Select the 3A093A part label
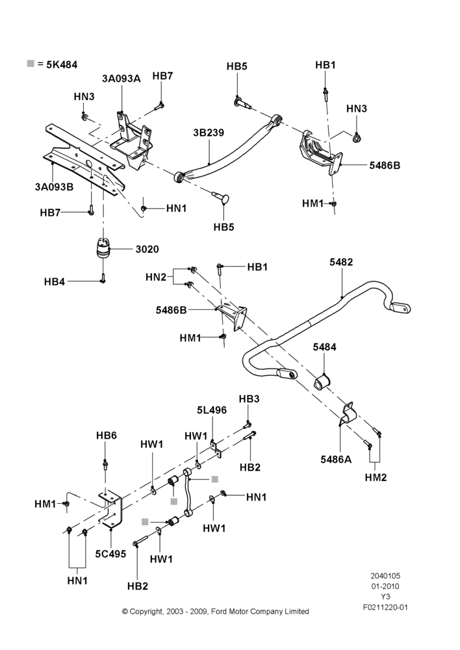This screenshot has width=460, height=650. pyautogui.click(x=121, y=79)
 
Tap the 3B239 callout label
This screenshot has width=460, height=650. pyautogui.click(x=209, y=133)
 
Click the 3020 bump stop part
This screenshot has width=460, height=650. pyautogui.click(x=102, y=249)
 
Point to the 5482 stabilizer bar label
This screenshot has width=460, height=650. pyautogui.click(x=341, y=262)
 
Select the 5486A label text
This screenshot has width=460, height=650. pyautogui.click(x=336, y=460)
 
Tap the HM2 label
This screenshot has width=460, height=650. pyautogui.click(x=376, y=477)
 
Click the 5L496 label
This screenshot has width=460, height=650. pyautogui.click(x=212, y=410)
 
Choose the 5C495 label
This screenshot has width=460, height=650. pyautogui.click(x=110, y=553)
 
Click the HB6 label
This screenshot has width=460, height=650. pyautogui.click(x=107, y=435)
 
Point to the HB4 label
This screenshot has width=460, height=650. pyautogui.click(x=55, y=282)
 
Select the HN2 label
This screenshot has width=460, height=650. pyautogui.click(x=156, y=277)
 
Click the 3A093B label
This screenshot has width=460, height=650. pyautogui.click(x=55, y=187)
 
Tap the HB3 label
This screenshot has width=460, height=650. pyautogui.click(x=249, y=399)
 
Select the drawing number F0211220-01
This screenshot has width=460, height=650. pyautogui.click(x=385, y=607)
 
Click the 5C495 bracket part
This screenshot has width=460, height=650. pyautogui.click(x=111, y=510)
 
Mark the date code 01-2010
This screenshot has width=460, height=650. pyautogui.click(x=385, y=586)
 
